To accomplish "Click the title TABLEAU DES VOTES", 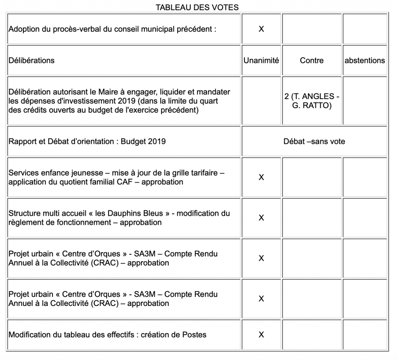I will coord(197,7).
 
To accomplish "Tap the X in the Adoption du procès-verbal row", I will coord(261,29).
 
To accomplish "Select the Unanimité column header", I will coord(261,61).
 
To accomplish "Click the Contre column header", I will coord(312,61).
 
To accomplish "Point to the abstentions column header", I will coord(365,61).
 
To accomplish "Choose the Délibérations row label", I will coord(31,61).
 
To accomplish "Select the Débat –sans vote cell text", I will coord(314,142).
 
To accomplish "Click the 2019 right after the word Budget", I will coord(157,142).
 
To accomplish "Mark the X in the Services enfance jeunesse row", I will coord(261,177).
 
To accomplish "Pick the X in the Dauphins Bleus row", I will coord(261,218).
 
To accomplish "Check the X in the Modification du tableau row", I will coord(261,335).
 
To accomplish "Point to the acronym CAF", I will coord(130,182).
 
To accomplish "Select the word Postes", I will coord(194,335).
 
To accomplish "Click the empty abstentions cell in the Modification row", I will coord(365,335).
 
